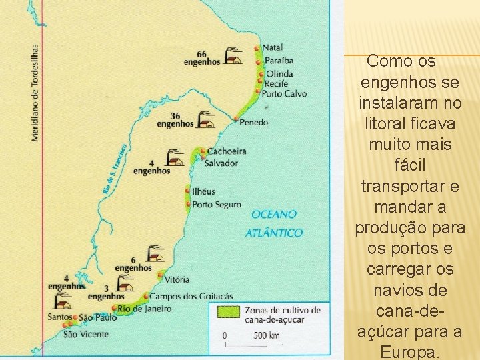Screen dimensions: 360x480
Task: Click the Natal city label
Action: (x=273, y=47)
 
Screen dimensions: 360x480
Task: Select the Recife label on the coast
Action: (x=276, y=83)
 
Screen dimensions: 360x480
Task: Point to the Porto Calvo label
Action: (x=284, y=94)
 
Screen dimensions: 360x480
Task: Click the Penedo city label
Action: (x=253, y=123)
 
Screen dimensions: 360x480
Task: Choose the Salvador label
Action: (x=221, y=163)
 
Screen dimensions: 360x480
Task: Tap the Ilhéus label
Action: (x=204, y=191)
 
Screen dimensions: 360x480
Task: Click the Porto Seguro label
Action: (x=217, y=204)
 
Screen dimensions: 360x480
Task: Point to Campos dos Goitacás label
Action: (x=191, y=296)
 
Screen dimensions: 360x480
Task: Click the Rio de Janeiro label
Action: (x=144, y=309)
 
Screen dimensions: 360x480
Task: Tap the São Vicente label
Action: (x=85, y=334)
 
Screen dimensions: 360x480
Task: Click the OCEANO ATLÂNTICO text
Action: (x=273, y=224)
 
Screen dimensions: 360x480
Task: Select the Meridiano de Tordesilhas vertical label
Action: (x=35, y=93)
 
